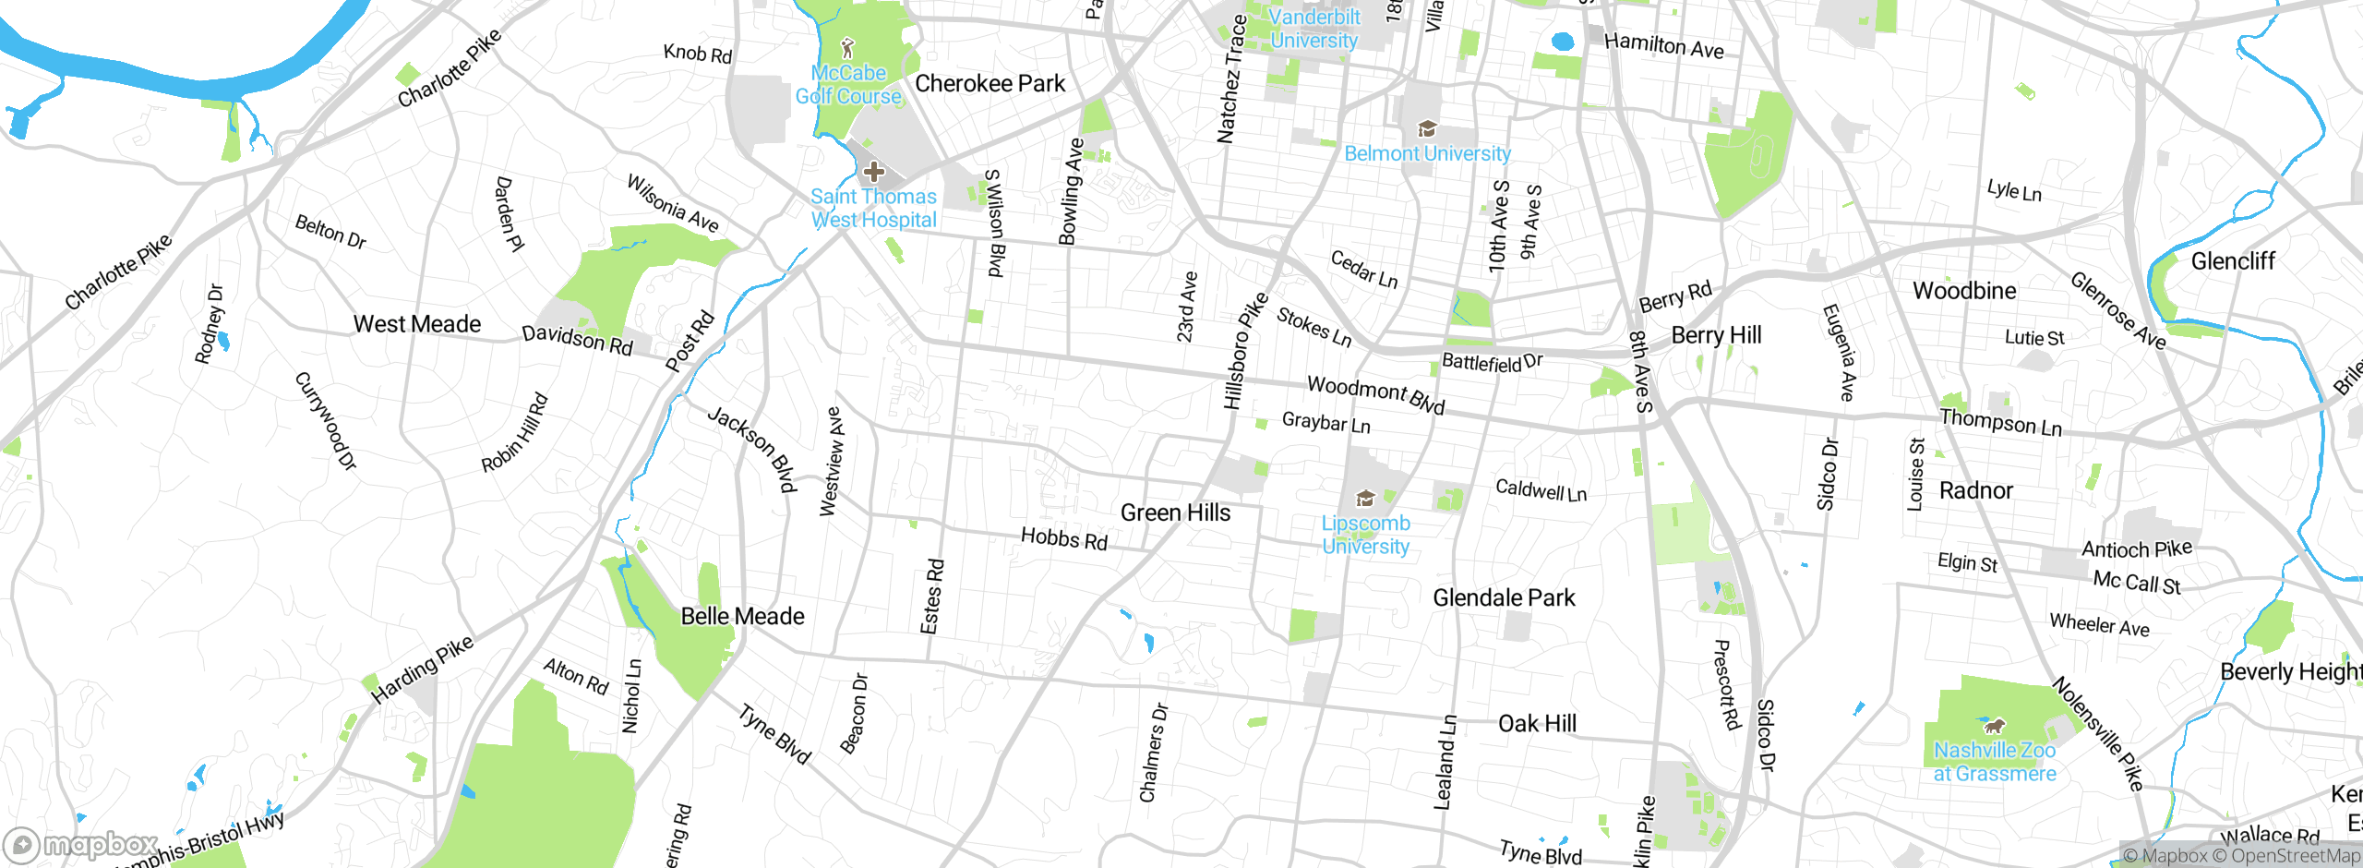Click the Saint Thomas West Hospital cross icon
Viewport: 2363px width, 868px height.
point(873,172)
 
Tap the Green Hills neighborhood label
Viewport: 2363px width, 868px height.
point(1175,512)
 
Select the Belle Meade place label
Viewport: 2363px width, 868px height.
point(742,616)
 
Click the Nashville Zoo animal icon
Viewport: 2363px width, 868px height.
point(1995,725)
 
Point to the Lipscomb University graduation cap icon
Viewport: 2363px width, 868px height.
point(1365,500)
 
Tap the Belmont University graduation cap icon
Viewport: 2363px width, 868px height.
point(1427,128)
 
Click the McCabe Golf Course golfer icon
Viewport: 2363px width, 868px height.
point(848,48)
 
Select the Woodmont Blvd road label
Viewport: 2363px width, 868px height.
point(1375,394)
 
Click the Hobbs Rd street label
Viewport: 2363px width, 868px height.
point(1063,538)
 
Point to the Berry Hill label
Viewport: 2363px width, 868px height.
point(1716,335)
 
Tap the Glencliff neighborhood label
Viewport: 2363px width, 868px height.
point(2233,261)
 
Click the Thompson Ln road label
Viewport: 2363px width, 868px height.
point(2000,423)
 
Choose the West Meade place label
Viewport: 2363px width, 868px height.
point(417,324)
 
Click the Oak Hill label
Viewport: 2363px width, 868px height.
point(1537,723)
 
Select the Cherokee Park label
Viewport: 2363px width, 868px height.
point(990,84)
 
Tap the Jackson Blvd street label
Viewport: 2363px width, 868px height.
point(752,448)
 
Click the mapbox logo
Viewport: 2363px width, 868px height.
point(81,845)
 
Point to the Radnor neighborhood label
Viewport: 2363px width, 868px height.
point(1975,490)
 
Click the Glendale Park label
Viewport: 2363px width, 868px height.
point(1504,597)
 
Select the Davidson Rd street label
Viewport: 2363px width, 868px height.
point(577,340)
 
